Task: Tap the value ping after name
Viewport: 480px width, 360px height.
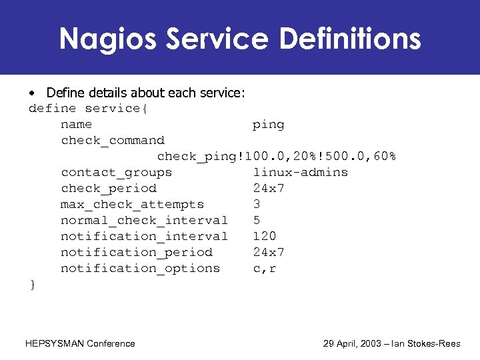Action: pyautogui.click(x=269, y=125)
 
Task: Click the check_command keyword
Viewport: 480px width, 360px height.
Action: pyautogui.click(x=113, y=141)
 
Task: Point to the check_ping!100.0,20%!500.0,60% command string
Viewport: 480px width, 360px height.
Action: pyautogui.click(x=277, y=157)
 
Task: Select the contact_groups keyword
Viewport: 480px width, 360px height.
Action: pyautogui.click(x=117, y=173)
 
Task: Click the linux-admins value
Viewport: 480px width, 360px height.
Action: pyautogui.click(x=301, y=173)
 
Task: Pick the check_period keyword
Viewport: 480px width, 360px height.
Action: pyautogui.click(x=109, y=189)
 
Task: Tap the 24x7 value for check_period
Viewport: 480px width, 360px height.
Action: pyautogui.click(x=269, y=189)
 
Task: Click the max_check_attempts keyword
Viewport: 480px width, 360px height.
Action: pyautogui.click(x=133, y=205)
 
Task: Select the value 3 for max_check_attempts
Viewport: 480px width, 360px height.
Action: pyautogui.click(x=257, y=205)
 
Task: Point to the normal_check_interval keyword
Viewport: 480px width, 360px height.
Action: pyautogui.click(x=145, y=221)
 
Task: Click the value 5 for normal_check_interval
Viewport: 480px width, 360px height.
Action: pyautogui.click(x=257, y=221)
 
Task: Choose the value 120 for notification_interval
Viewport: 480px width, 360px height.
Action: pyautogui.click(x=265, y=237)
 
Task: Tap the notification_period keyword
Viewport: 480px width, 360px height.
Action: pyautogui.click(x=137, y=253)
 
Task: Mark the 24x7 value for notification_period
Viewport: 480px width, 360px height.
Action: pyautogui.click(x=269, y=253)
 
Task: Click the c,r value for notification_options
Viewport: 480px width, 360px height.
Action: pyautogui.click(x=265, y=269)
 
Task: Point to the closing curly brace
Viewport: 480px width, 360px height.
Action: pyautogui.click(x=33, y=285)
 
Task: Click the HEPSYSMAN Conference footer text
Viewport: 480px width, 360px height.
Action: pyautogui.click(x=80, y=344)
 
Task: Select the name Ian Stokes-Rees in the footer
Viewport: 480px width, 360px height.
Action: pyautogui.click(x=435, y=344)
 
